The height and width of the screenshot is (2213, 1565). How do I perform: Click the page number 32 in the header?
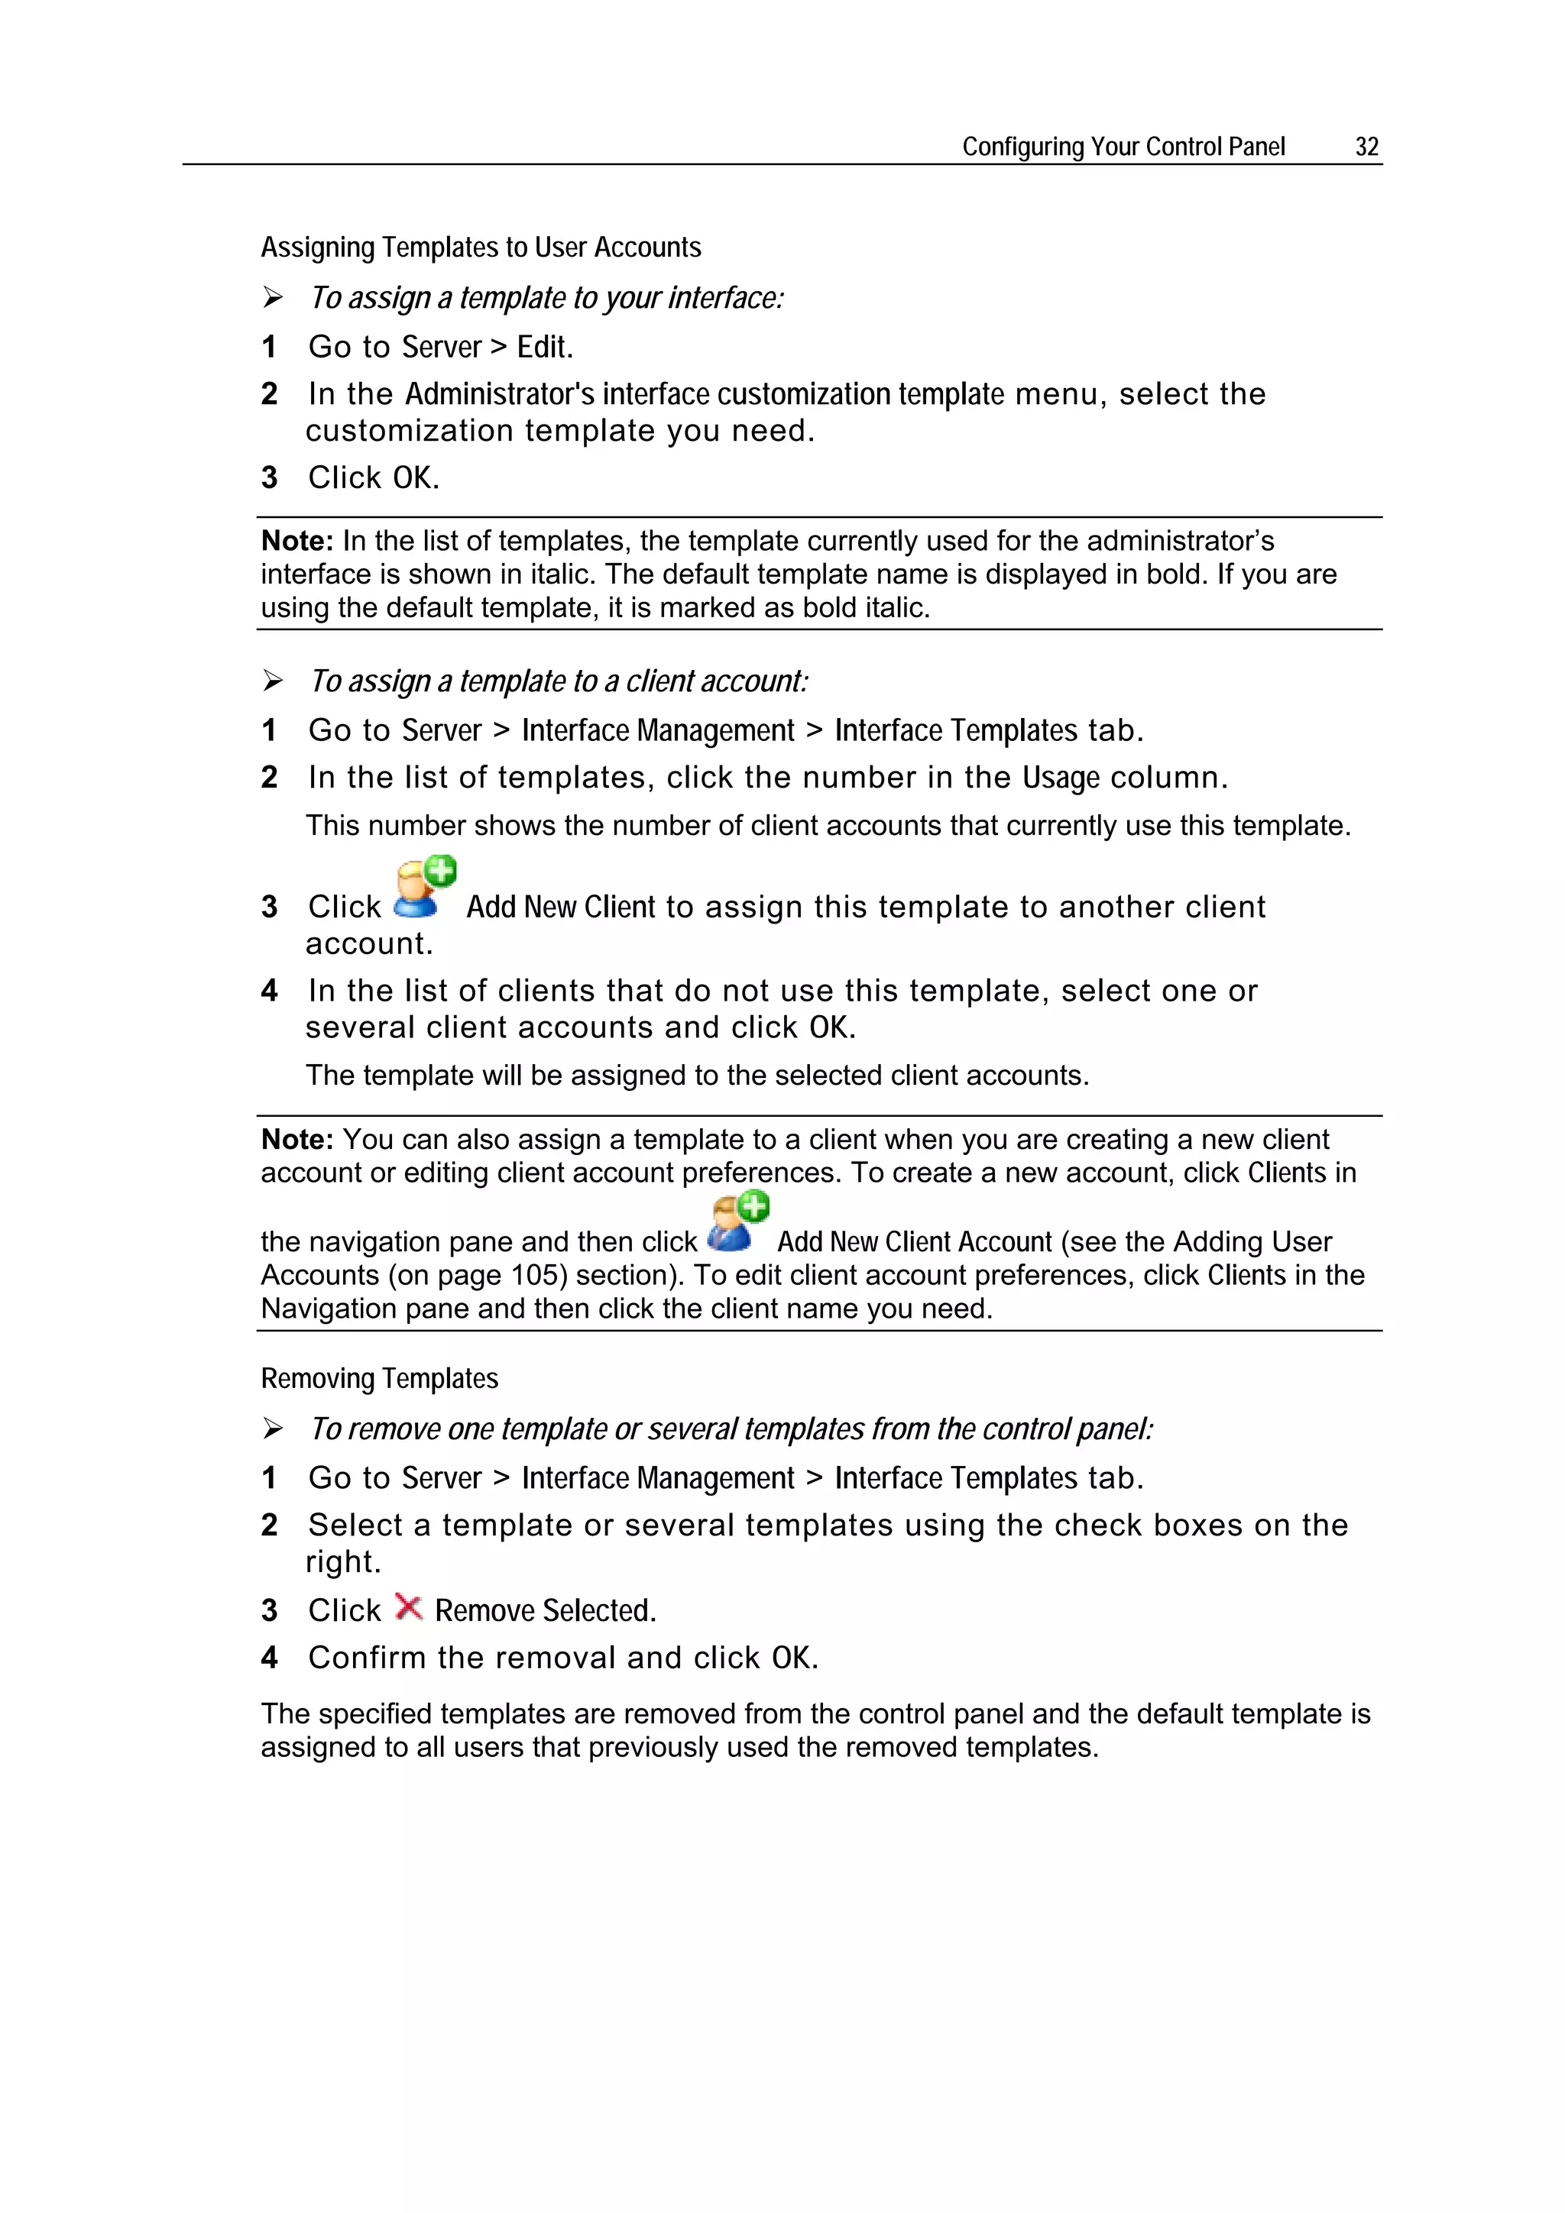click(x=1366, y=147)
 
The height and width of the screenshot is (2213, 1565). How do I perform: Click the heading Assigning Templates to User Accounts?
click(x=480, y=248)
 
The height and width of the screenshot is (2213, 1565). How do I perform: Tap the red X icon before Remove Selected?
click(x=409, y=1608)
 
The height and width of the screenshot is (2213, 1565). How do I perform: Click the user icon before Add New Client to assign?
click(x=423, y=888)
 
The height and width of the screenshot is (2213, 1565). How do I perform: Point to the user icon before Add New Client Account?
click(x=737, y=1222)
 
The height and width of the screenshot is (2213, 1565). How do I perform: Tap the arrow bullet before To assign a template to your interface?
click(x=273, y=298)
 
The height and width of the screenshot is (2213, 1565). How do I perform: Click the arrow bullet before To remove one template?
click(x=273, y=1428)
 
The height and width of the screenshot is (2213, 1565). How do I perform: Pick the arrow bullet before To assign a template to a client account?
click(x=273, y=681)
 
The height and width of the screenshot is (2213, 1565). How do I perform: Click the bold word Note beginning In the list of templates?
click(x=296, y=541)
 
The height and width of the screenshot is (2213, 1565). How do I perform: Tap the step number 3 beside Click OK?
click(x=269, y=478)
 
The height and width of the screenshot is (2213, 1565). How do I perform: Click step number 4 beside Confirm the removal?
click(x=269, y=1658)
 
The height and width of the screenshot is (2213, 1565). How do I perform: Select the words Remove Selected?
click(x=545, y=1610)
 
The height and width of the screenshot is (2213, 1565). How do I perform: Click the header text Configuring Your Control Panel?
click(x=1123, y=147)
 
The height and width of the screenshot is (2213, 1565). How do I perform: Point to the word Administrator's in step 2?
click(x=498, y=394)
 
